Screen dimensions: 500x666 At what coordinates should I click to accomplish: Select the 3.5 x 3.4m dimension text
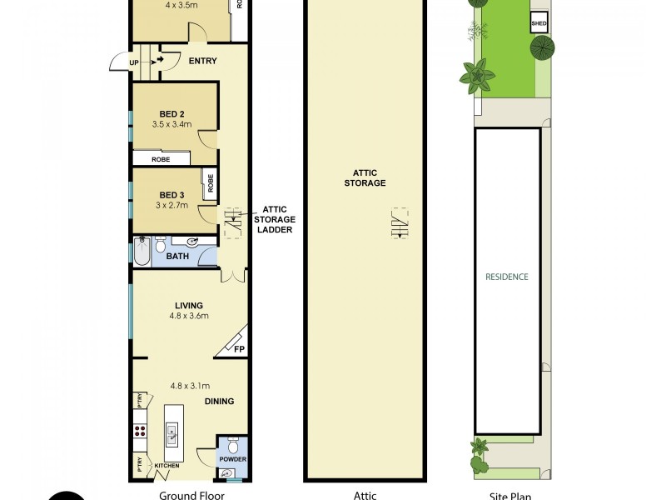pos(172,125)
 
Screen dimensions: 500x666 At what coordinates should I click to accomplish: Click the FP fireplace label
pos(239,349)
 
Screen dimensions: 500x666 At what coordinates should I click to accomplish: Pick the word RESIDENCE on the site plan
pos(507,277)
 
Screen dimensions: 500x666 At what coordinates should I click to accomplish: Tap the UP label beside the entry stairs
pos(134,62)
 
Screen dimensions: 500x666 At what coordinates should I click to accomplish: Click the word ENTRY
pos(203,61)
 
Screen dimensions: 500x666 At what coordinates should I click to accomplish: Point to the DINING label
pos(219,401)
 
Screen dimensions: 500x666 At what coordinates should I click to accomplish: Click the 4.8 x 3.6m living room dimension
pos(188,316)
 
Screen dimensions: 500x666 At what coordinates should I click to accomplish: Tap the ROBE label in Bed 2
pos(162,159)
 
